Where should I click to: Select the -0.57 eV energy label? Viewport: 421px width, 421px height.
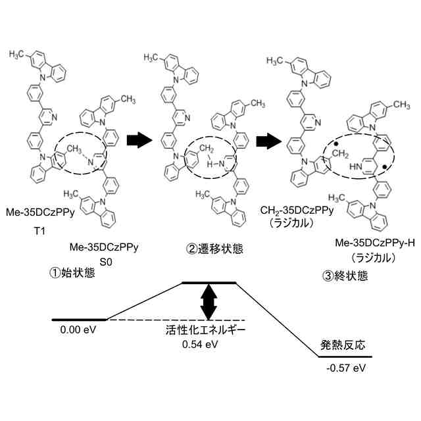(x=346, y=368)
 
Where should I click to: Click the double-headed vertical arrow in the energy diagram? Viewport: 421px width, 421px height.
(x=208, y=301)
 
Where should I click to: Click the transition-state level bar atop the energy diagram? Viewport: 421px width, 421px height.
(x=208, y=282)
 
